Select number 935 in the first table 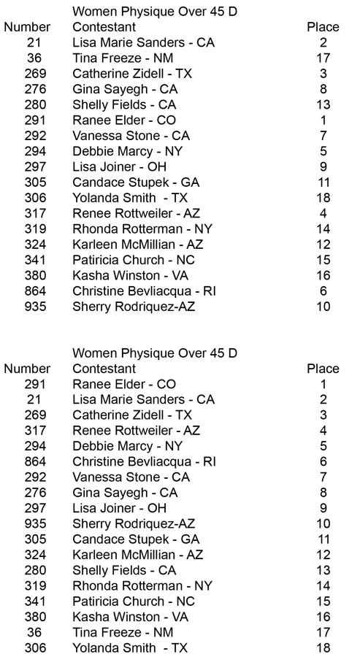pos(35,307)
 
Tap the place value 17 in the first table pos(323,58)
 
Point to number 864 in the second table pos(35,461)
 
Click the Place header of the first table pos(323,27)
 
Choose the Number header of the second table pos(27,369)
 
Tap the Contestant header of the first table pos(104,27)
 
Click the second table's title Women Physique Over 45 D pos(155,353)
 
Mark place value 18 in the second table pos(323,648)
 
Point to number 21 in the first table pos(34,43)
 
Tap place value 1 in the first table pos(323,120)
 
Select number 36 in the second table pos(34,632)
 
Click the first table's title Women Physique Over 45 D pos(155,12)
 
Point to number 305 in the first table pos(35,182)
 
